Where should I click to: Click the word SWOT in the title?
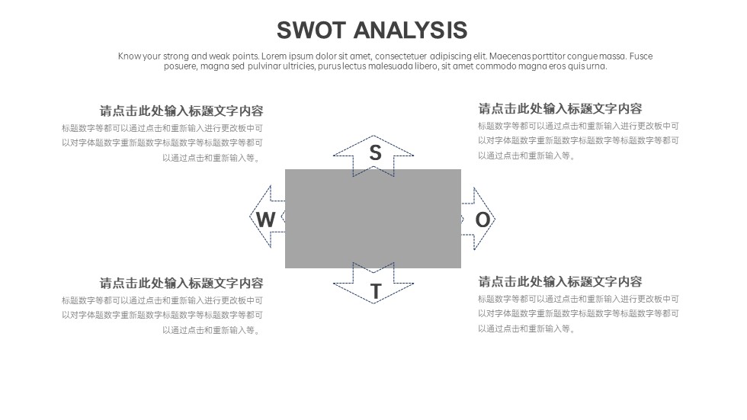pyautogui.click(x=311, y=30)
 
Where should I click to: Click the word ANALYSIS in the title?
pyautogui.click(x=410, y=30)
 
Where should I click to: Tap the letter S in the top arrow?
pyautogui.click(x=375, y=153)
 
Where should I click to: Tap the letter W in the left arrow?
pyautogui.click(x=265, y=220)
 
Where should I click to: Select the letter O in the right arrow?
pyautogui.click(x=483, y=220)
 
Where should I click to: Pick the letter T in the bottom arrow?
pyautogui.click(x=376, y=291)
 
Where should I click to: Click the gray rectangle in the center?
pyautogui.click(x=373, y=219)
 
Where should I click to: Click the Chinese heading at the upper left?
pyautogui.click(x=181, y=111)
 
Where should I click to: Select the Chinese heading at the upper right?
pyautogui.click(x=560, y=108)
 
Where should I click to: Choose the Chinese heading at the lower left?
pyautogui.click(x=181, y=284)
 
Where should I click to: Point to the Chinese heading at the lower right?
pyautogui.click(x=560, y=281)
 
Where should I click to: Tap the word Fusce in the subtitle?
pyautogui.click(x=641, y=56)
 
